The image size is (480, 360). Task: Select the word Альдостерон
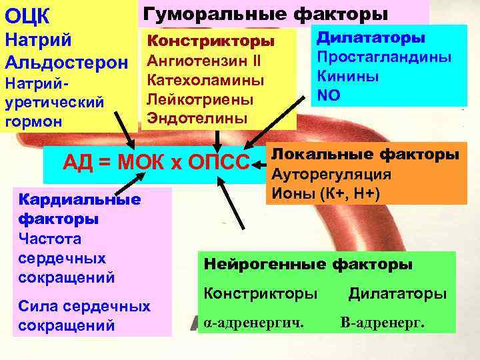(x=66, y=63)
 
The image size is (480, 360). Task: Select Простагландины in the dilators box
(x=384, y=57)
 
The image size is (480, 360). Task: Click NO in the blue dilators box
(x=329, y=95)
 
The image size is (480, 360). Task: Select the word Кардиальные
(x=80, y=199)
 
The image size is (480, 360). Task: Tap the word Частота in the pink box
(x=51, y=237)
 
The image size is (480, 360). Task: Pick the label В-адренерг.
(x=382, y=323)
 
